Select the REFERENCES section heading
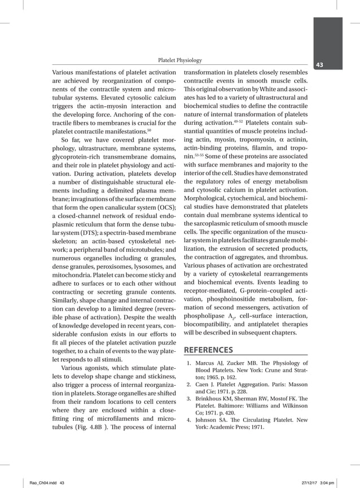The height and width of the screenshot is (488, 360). tap(209, 350)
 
